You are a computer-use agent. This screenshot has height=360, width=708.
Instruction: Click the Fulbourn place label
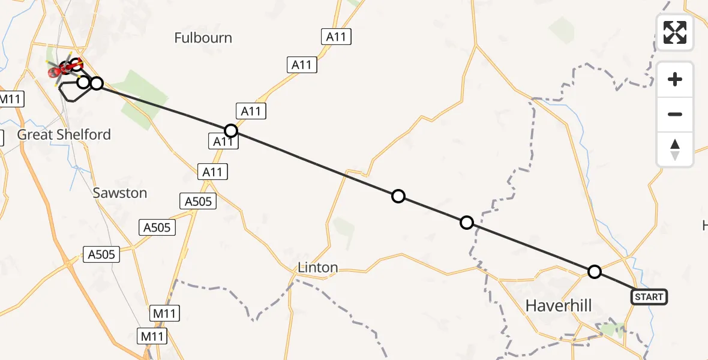click(203, 38)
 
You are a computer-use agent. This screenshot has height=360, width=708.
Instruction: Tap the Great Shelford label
click(64, 134)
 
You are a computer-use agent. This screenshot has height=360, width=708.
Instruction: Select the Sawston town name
click(120, 193)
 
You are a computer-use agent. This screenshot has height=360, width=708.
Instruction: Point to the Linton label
click(317, 268)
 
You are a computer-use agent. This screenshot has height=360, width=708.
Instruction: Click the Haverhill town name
click(558, 305)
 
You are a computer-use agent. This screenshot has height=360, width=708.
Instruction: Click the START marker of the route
click(649, 296)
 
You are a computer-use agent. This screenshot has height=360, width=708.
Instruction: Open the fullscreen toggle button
click(675, 32)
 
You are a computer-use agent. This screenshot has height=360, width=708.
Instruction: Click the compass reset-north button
click(675, 149)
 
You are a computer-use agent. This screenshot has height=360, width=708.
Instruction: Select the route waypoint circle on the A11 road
click(230, 131)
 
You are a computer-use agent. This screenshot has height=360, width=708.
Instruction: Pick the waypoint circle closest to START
click(594, 272)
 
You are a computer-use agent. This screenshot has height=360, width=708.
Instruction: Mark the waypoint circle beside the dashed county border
click(467, 223)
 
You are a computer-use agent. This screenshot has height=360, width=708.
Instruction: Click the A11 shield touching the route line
click(223, 142)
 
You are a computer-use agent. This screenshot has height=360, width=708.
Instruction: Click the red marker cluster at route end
click(59, 71)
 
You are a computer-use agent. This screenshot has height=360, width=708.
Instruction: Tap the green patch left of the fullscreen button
click(562, 28)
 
